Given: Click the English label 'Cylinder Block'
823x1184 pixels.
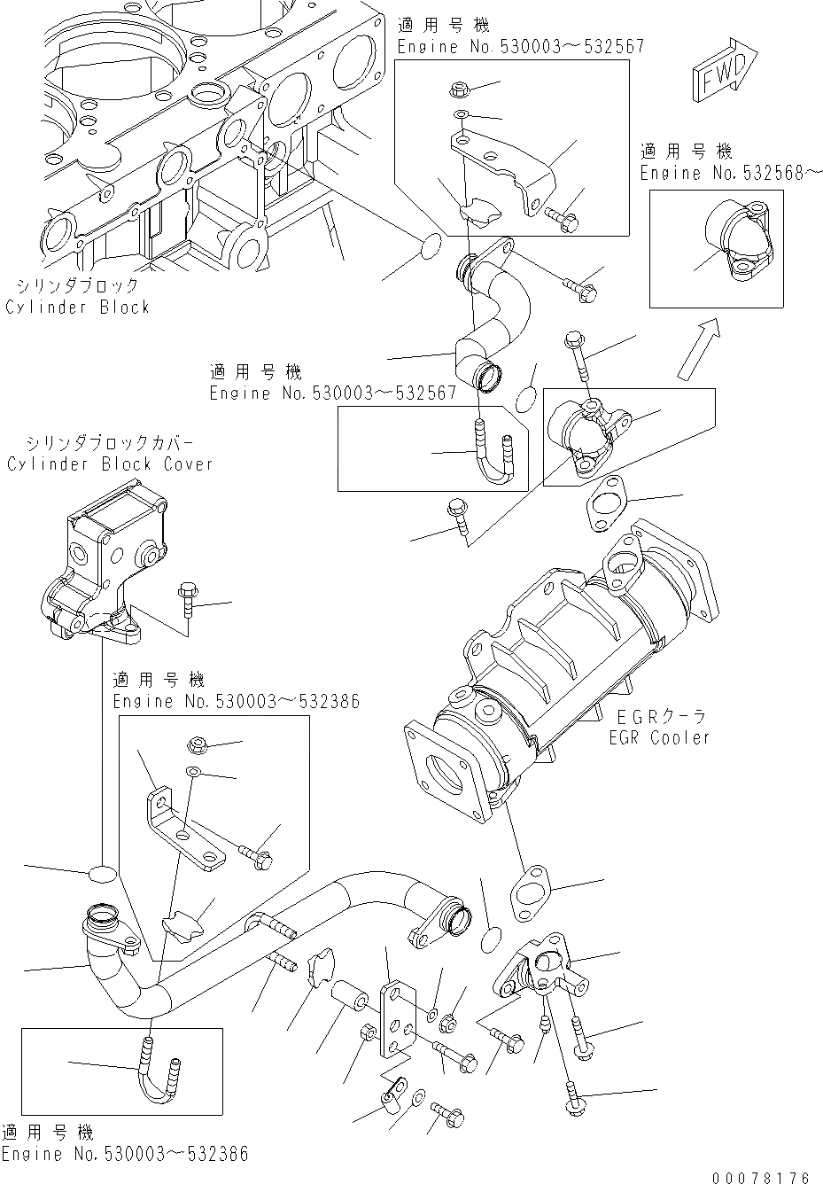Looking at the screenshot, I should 77,308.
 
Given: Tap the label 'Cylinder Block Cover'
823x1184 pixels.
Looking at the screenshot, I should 110,464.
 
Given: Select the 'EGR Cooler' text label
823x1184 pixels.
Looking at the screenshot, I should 661,736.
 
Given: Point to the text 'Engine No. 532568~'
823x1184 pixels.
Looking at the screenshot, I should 731,173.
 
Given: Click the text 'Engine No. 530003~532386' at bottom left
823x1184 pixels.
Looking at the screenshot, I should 124,1154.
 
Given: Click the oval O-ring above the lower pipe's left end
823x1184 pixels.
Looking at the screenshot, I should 102,874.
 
